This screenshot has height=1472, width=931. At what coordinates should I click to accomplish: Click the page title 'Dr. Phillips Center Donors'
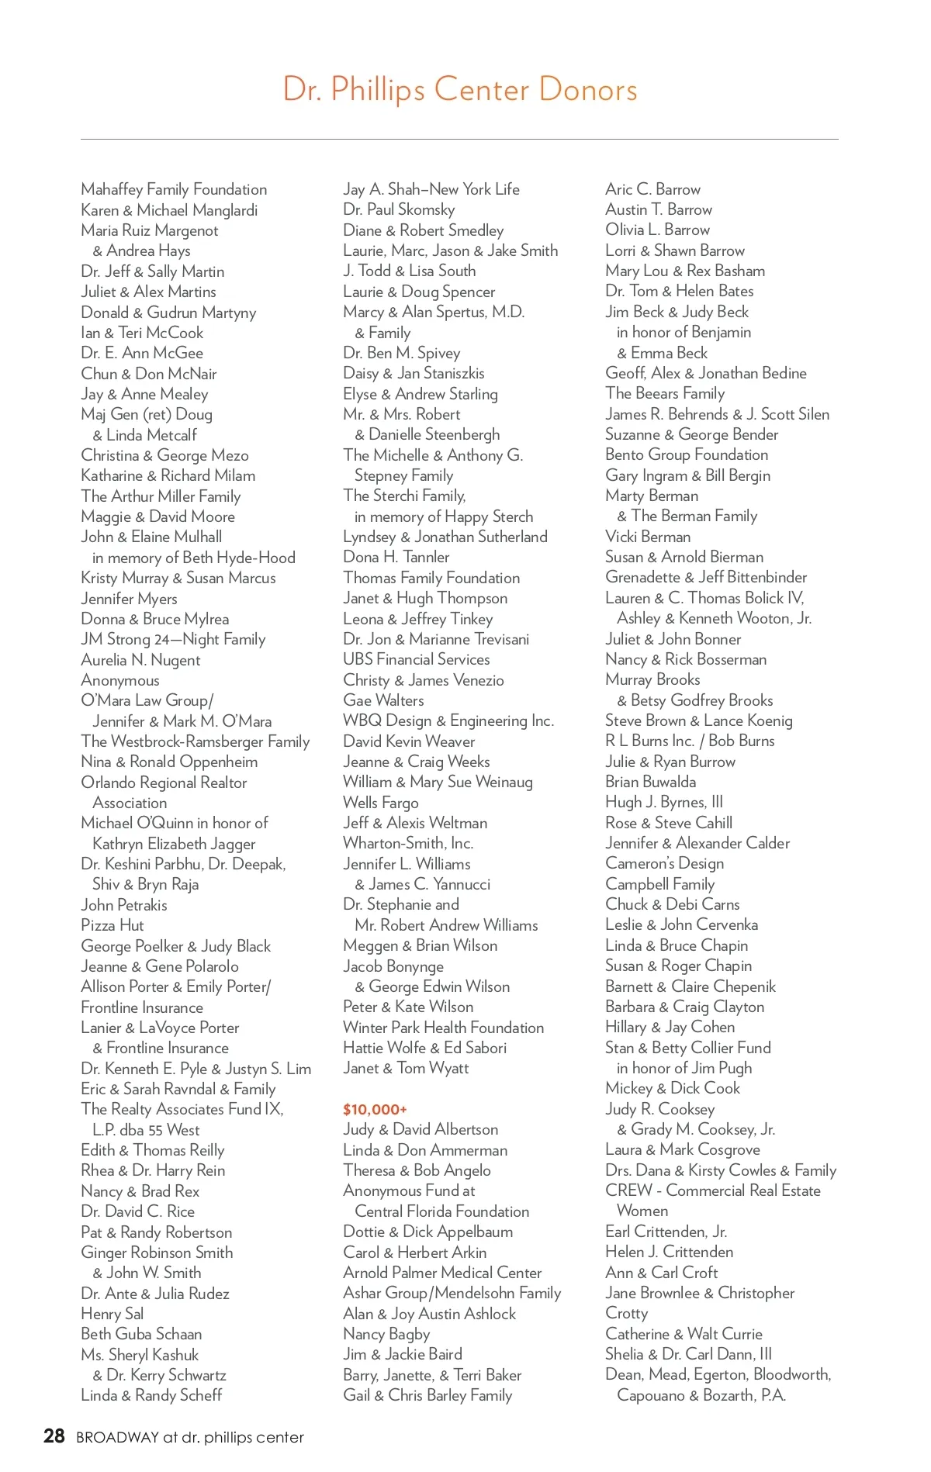click(x=460, y=89)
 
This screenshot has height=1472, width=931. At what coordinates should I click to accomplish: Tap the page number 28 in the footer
click(x=54, y=1436)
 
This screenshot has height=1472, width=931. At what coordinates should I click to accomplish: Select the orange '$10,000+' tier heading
click(x=375, y=1110)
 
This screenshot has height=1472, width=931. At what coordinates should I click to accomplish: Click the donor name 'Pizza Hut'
click(x=112, y=925)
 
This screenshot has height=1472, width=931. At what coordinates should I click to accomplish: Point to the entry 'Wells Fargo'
click(x=381, y=803)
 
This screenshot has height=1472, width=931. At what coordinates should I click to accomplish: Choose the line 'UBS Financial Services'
click(x=417, y=659)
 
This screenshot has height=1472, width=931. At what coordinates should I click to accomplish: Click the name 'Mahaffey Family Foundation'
click(x=174, y=189)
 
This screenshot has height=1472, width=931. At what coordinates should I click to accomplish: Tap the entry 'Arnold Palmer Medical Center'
click(x=442, y=1273)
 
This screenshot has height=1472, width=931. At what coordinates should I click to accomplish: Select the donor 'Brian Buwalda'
click(x=650, y=782)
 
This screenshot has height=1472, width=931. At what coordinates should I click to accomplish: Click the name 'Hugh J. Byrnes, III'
click(x=664, y=802)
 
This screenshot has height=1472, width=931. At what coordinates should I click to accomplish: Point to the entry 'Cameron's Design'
click(x=664, y=863)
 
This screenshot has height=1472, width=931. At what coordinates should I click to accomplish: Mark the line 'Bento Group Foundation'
click(x=687, y=454)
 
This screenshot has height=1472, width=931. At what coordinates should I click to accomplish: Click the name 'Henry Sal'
click(x=112, y=1314)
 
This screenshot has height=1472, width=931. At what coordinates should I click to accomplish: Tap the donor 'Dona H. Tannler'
click(x=396, y=557)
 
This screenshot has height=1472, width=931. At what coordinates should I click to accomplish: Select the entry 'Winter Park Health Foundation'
click(x=444, y=1028)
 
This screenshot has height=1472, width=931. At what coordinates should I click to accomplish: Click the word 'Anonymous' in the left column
click(x=120, y=680)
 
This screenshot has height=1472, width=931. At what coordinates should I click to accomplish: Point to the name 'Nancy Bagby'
click(x=386, y=1334)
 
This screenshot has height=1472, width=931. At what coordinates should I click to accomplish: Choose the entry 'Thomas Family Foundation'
click(x=431, y=578)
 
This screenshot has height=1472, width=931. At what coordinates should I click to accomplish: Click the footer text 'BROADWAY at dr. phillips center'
click(x=190, y=1437)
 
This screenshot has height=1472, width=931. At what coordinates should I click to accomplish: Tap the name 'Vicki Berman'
click(x=648, y=537)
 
